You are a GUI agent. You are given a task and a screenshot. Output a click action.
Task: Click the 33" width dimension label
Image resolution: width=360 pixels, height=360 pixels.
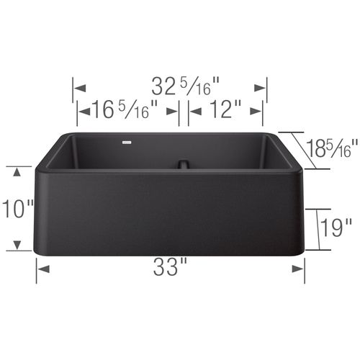tap(170, 269)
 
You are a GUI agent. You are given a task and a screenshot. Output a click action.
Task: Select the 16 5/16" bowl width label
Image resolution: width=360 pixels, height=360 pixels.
tap(123, 111)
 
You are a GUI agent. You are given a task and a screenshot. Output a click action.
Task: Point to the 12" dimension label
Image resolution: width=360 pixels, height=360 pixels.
tap(224, 111)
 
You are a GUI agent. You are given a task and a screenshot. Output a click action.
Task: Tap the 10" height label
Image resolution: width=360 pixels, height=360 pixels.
tap(17, 209)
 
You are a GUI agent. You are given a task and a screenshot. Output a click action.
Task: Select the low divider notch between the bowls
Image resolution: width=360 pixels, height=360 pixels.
tap(184, 163)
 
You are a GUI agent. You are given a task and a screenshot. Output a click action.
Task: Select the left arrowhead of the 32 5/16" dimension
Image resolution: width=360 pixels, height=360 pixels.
tap(80, 88)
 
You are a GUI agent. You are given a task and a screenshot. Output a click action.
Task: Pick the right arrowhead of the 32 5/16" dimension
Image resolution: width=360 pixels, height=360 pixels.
tap(261, 88)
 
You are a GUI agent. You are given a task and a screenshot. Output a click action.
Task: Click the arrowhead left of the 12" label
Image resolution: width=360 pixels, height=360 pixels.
tap(195, 111)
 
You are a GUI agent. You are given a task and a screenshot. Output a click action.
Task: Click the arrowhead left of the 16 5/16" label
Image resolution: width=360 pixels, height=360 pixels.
tap(84, 111)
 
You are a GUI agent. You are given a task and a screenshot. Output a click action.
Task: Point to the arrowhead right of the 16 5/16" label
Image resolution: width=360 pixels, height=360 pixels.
tap(173, 111)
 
